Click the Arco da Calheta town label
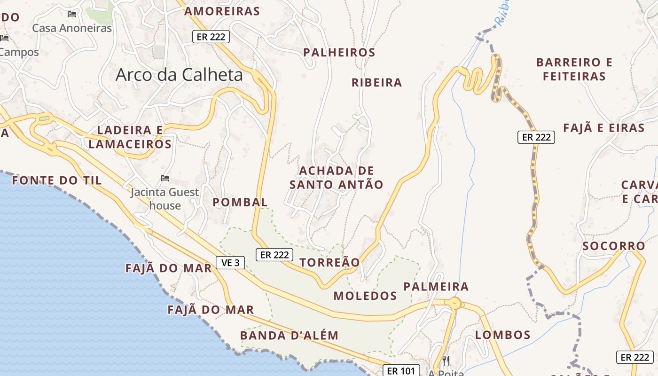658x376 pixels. (x=179, y=75)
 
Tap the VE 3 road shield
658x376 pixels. (x=230, y=263)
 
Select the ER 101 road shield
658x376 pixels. (x=401, y=371)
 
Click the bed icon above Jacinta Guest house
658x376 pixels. (x=165, y=178)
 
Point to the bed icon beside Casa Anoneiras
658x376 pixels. (x=72, y=14)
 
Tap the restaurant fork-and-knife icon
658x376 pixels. (x=446, y=361)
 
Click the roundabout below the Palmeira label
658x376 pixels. (x=454, y=303)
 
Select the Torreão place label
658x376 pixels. (x=329, y=262)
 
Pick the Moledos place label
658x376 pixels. (x=365, y=296)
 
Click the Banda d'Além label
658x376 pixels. (x=289, y=335)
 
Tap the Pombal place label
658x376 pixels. (x=240, y=202)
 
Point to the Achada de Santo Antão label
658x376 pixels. (x=336, y=177)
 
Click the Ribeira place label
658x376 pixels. (x=377, y=82)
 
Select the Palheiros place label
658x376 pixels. (x=339, y=52)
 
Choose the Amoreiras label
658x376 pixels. (x=222, y=11)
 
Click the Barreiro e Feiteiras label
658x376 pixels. (x=574, y=69)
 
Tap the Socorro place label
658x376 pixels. (x=614, y=246)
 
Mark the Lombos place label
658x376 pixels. (x=502, y=335)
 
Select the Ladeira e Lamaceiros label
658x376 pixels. (x=130, y=137)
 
